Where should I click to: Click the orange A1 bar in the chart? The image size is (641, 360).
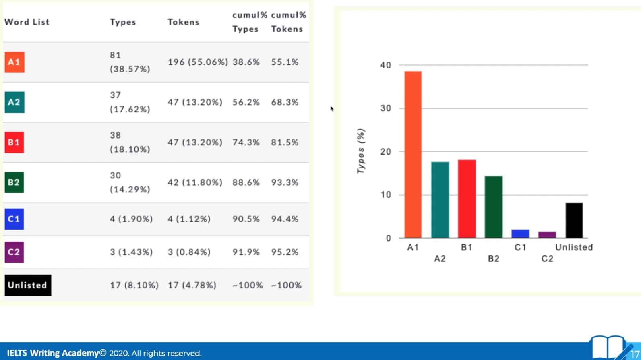(x=413, y=155)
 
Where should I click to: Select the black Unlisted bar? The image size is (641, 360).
(x=574, y=220)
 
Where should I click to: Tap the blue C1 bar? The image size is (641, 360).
(x=520, y=234)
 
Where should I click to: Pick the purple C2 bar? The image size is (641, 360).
(x=547, y=235)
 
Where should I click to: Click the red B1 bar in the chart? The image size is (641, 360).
(x=467, y=199)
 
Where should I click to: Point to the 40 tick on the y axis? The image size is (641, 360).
(x=385, y=65)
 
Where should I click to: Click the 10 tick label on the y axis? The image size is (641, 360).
(x=385, y=195)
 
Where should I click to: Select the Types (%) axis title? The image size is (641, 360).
(x=361, y=151)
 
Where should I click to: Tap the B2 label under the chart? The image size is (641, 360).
(x=493, y=259)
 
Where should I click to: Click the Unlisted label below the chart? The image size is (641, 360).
(x=574, y=247)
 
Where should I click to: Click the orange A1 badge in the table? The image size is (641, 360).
(x=14, y=62)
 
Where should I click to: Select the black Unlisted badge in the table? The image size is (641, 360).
(x=28, y=285)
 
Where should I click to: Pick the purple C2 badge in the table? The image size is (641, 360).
(x=14, y=252)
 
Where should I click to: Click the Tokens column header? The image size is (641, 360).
(x=183, y=22)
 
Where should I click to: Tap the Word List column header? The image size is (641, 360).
(x=27, y=22)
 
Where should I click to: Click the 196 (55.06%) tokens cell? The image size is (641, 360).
(x=198, y=62)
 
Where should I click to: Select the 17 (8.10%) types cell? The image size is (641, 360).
(x=134, y=285)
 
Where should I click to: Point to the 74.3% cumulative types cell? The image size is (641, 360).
(x=246, y=142)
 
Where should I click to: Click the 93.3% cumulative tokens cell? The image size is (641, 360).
(x=285, y=182)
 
